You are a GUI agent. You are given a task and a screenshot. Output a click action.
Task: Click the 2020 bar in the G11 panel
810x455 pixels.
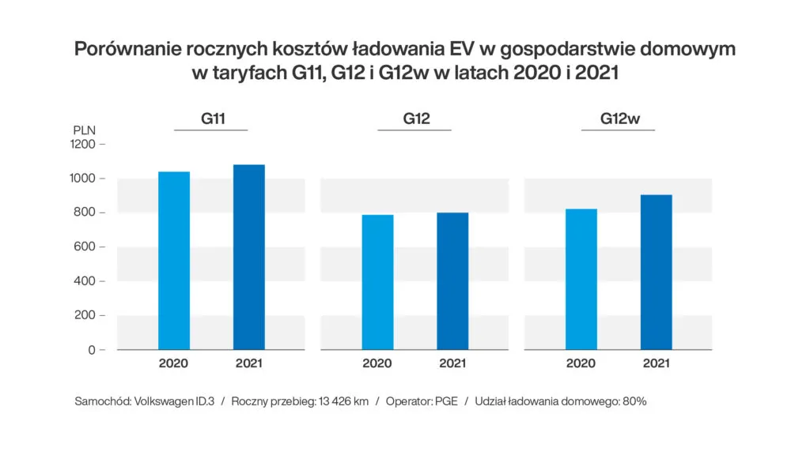point(174,261)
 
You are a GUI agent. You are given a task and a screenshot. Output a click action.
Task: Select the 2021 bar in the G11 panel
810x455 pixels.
point(249,257)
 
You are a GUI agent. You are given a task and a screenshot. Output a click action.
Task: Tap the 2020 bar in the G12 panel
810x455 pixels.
point(377,282)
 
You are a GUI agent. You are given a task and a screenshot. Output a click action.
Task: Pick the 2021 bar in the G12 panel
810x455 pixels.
point(452,280)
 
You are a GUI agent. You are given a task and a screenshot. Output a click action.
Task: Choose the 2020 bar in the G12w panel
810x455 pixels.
point(581,279)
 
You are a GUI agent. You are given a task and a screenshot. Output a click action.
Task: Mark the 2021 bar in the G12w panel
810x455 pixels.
point(657,272)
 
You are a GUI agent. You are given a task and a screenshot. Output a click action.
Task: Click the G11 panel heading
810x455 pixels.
point(211,119)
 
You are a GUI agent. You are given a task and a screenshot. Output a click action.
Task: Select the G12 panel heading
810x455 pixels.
point(416,119)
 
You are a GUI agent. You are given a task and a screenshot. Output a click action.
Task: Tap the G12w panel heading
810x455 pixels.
point(619,119)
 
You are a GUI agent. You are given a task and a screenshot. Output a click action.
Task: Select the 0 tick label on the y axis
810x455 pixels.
point(92,349)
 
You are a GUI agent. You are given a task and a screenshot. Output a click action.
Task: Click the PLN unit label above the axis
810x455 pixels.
point(85,130)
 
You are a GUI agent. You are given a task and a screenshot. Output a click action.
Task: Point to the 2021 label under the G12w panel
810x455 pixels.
point(657,364)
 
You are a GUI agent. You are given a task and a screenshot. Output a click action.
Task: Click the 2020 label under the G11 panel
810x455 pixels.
point(174,364)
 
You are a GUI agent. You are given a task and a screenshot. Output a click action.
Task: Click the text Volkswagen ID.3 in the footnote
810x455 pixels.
point(173,401)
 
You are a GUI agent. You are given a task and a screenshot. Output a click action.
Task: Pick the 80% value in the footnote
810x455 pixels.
point(634,401)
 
